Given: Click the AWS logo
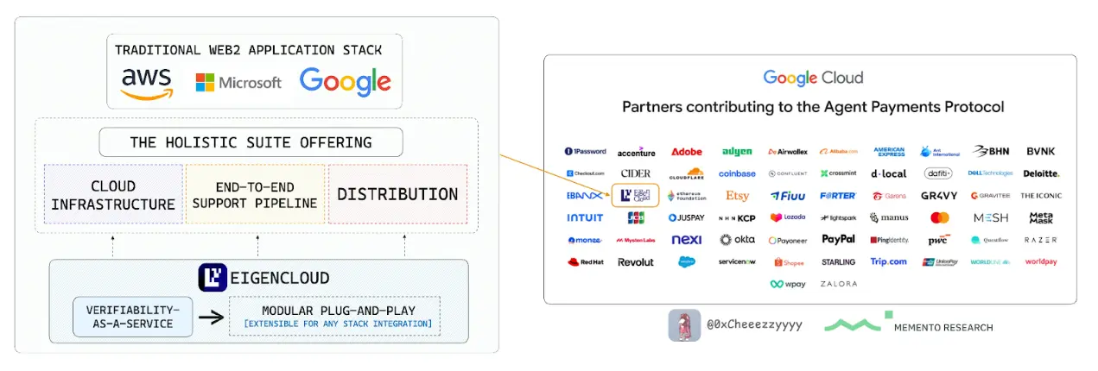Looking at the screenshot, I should [x=147, y=83].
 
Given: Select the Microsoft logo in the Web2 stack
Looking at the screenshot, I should [x=238, y=83].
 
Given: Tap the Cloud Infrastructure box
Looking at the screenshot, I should [x=113, y=195].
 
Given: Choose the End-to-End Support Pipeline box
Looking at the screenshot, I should [x=255, y=195].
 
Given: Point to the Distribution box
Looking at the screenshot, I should [x=397, y=195].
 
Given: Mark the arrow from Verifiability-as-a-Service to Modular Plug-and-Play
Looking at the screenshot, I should [x=211, y=317].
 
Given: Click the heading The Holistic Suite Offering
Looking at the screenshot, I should [x=251, y=142].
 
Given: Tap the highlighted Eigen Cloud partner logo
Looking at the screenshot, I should [x=635, y=196].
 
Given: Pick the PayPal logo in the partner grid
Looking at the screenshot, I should [x=838, y=240].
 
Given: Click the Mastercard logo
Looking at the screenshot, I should [x=940, y=218].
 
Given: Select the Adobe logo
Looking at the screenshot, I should [x=687, y=152].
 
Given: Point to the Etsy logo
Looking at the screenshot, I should [x=737, y=196].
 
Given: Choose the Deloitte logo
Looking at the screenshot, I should [x=1040, y=173].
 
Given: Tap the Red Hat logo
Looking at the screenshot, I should [x=585, y=262].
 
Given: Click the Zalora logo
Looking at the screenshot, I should [x=838, y=284].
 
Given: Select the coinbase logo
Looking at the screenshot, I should [x=737, y=173].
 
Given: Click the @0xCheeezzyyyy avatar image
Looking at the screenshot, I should [x=683, y=325].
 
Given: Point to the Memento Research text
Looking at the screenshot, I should [x=942, y=328].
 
